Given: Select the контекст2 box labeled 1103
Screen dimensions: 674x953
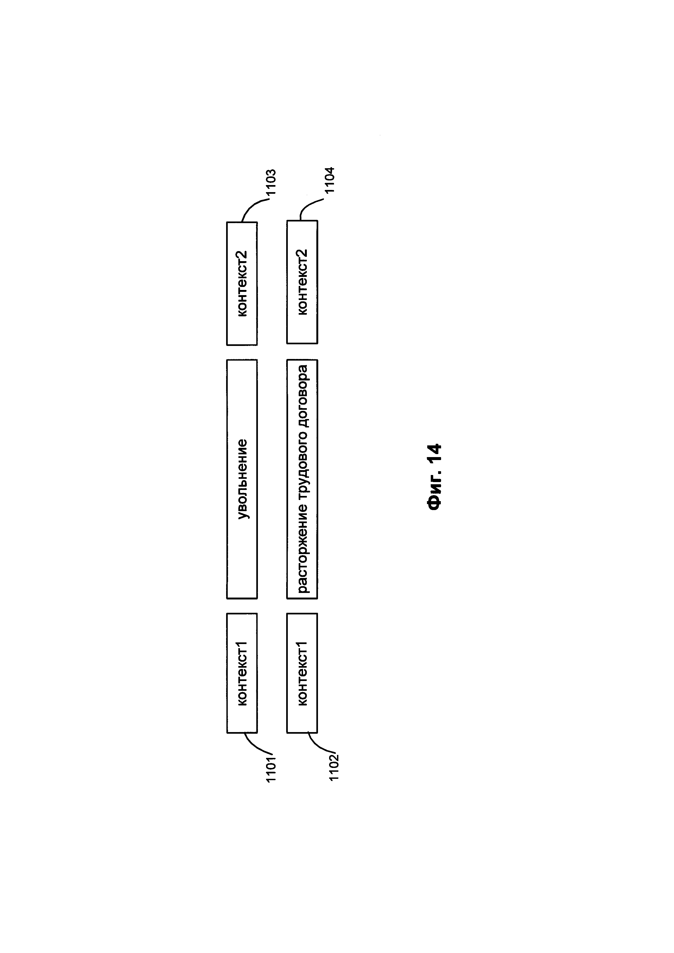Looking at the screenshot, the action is pyautogui.click(x=242, y=283).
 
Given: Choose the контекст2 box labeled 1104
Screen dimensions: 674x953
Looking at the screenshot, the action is pyautogui.click(x=302, y=282).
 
